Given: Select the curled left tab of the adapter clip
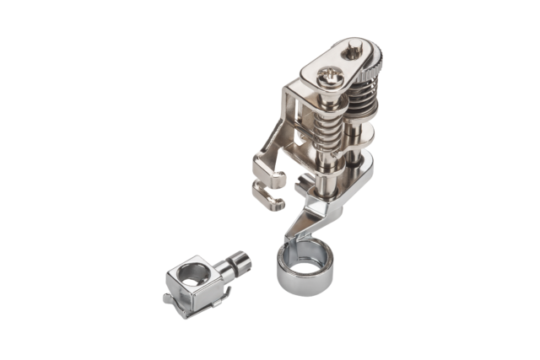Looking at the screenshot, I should [x=170, y=296].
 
